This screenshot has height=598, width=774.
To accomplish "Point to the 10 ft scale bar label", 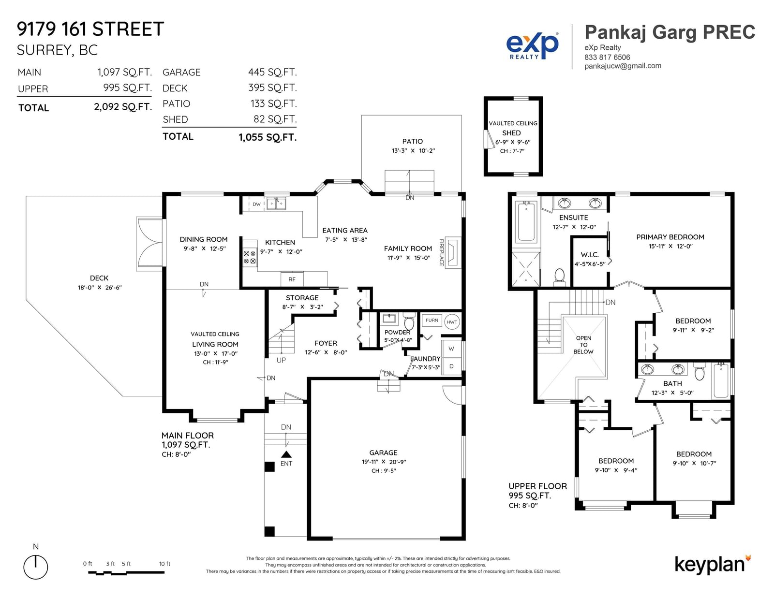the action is click(164, 564).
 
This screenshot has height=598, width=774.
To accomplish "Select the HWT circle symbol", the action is click(452, 322).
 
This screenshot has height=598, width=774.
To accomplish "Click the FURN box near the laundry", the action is click(432, 321).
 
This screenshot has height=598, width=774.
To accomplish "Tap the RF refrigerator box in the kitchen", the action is click(292, 279).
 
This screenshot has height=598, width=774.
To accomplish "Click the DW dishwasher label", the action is click(256, 204).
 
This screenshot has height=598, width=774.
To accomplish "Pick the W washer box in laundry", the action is click(451, 349).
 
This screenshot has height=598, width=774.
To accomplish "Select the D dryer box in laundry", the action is click(451, 366).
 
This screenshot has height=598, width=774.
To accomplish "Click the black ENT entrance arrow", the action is click(286, 454).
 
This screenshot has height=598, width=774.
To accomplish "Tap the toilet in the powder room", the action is click(409, 321).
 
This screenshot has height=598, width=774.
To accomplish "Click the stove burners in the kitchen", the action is click(250, 257).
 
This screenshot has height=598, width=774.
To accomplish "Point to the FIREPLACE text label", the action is click(441, 252).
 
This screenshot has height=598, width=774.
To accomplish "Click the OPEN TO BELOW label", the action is click(583, 345).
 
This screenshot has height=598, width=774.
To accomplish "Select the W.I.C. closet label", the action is click(590, 255).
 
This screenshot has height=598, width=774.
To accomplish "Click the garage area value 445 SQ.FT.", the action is click(272, 72).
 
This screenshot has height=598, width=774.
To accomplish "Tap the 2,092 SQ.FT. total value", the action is click(123, 107).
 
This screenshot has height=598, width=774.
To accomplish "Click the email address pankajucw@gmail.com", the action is click(623, 66).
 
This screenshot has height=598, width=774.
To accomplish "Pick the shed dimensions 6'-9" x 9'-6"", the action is click(513, 142).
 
